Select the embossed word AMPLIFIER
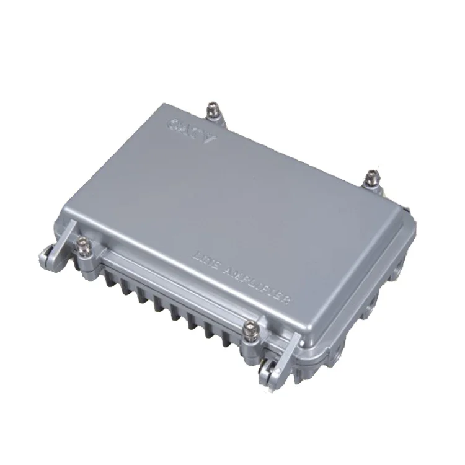(260, 283)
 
